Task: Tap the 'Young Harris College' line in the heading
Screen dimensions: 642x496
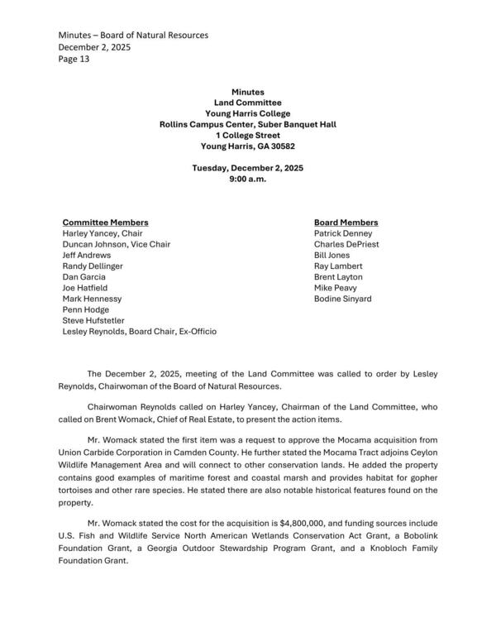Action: (x=247, y=113)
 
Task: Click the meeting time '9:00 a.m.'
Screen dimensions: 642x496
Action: (x=247, y=179)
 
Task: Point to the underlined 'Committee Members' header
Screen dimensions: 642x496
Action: (x=106, y=223)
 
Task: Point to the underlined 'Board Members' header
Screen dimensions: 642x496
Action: (x=346, y=223)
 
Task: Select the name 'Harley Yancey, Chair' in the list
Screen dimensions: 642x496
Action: (x=103, y=234)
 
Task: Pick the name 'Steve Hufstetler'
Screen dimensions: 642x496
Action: (x=95, y=320)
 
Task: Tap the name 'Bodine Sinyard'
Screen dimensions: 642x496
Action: (x=342, y=299)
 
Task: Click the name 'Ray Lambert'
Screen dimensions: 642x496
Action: (x=338, y=266)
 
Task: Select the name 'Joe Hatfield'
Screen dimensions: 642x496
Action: (x=85, y=288)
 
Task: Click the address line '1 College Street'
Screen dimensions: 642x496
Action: (x=247, y=135)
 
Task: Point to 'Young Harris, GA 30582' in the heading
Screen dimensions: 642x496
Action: (x=247, y=146)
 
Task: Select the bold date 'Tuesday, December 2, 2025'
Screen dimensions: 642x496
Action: (x=247, y=168)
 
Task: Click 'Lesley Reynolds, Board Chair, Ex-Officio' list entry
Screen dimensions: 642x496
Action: (x=140, y=331)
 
